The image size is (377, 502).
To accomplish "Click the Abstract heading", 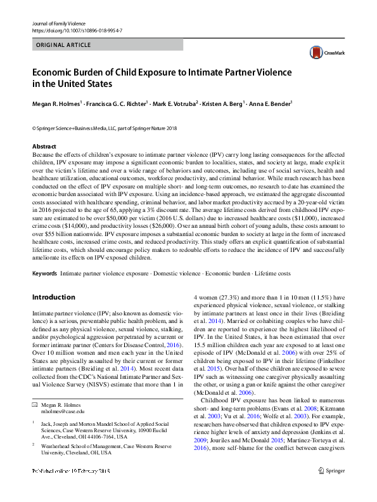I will tap(44, 147).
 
